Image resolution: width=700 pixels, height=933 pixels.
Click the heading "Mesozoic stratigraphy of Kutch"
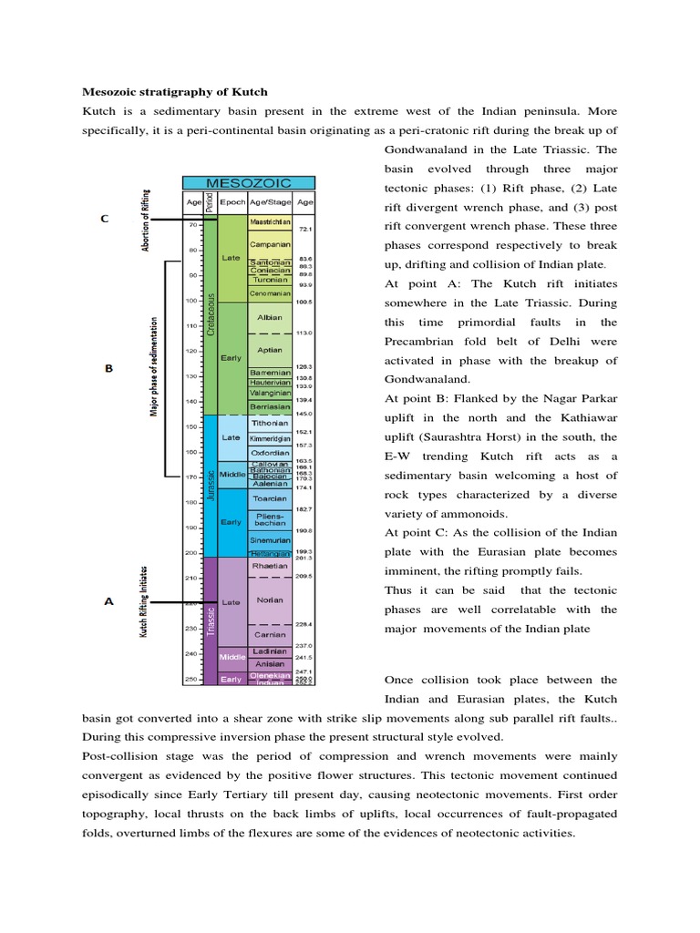(x=175, y=93)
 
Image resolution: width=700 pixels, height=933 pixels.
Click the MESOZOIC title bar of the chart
(x=248, y=183)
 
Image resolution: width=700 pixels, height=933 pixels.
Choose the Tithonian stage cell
(x=270, y=424)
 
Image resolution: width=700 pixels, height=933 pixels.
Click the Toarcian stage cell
(x=270, y=498)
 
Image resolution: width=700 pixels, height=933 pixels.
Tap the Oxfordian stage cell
(x=270, y=452)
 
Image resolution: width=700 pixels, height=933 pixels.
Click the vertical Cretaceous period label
(x=211, y=314)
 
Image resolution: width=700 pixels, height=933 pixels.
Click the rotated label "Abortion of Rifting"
(x=146, y=221)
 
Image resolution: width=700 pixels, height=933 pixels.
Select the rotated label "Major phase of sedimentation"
(x=154, y=367)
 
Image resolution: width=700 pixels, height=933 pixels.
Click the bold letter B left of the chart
(x=108, y=369)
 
